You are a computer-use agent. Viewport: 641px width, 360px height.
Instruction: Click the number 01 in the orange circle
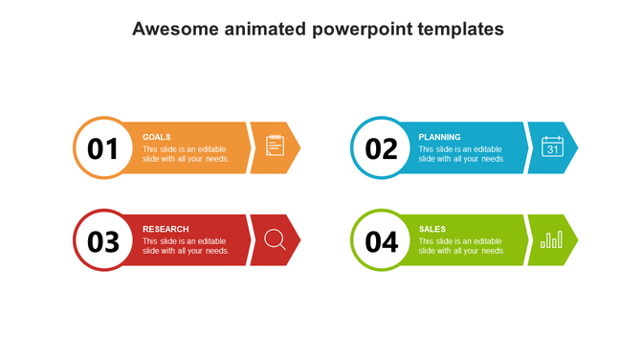pyautogui.click(x=102, y=149)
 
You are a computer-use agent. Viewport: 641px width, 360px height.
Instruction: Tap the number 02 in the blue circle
pyautogui.click(x=381, y=149)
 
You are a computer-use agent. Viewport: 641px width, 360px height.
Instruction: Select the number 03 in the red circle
pyautogui.click(x=102, y=242)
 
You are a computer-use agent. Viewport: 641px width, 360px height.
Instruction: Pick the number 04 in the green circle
pyautogui.click(x=381, y=242)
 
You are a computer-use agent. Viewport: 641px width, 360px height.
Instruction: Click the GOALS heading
pyautogui.click(x=157, y=137)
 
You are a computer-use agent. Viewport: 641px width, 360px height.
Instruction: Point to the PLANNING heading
pyautogui.click(x=439, y=137)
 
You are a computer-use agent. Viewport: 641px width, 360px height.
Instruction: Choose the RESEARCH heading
pyautogui.click(x=166, y=229)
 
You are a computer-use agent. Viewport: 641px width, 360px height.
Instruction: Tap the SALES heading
pyautogui.click(x=431, y=229)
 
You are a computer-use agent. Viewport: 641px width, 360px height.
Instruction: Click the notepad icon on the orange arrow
pyautogui.click(x=275, y=146)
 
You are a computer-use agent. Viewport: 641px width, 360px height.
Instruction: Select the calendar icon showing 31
pyautogui.click(x=553, y=146)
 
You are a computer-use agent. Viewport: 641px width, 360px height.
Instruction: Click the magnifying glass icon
pyautogui.click(x=275, y=240)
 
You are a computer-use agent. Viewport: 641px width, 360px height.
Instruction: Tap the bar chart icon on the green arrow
pyautogui.click(x=552, y=239)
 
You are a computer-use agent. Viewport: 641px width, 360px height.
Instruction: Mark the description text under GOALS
pyautogui.click(x=186, y=154)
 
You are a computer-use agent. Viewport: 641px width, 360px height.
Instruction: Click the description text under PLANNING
pyautogui.click(x=462, y=154)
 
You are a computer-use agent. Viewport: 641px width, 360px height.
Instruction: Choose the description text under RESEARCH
pyautogui.click(x=186, y=246)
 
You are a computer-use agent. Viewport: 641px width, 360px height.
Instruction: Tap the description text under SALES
pyautogui.click(x=462, y=246)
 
